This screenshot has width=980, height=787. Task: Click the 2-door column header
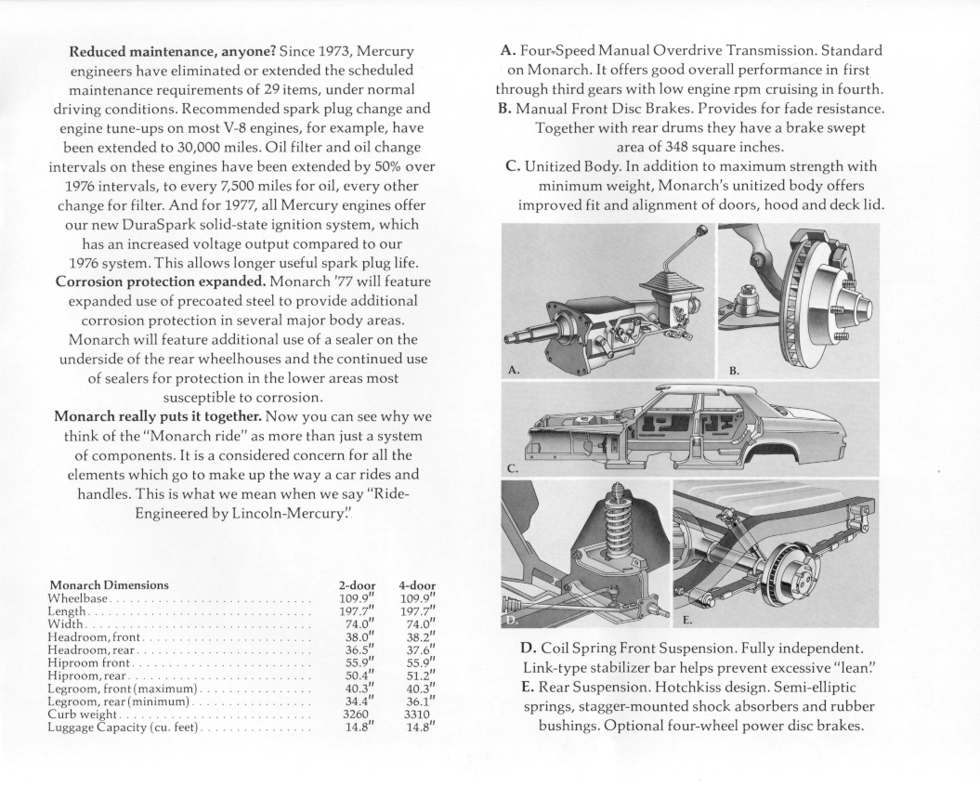358,585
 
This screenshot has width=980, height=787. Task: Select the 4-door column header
417,585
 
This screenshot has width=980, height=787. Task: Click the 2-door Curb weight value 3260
356,714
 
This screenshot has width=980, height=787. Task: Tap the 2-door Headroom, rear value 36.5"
358,649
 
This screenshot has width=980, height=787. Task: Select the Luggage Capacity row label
122,727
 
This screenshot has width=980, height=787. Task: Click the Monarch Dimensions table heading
109,585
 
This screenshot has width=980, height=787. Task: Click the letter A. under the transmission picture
513,369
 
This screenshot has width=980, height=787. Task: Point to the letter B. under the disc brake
734,369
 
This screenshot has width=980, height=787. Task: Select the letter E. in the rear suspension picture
688,617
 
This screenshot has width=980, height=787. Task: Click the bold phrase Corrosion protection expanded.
161,281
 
